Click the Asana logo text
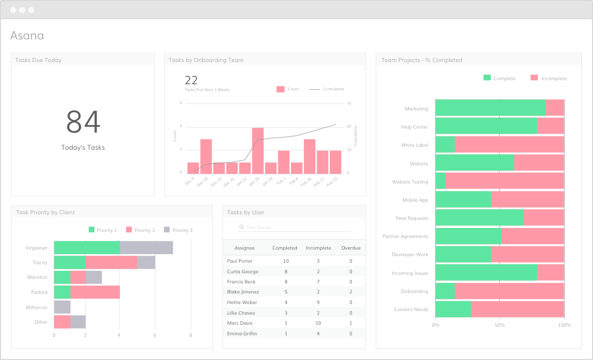coord(27,35)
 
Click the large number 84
coord(83,122)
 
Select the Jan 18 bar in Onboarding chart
coord(258,150)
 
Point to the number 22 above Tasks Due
coord(191,80)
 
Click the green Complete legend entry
coord(499,78)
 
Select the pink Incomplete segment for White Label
coord(509,145)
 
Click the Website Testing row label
coord(410,182)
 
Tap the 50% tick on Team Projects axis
coord(499,325)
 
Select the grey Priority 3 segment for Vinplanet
coord(146,248)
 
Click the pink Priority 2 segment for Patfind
coord(95,292)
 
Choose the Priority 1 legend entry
coord(103,230)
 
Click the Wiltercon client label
coord(36,307)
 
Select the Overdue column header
coord(351,248)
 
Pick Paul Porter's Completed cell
coord(286,261)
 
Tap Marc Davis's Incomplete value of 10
coord(318,323)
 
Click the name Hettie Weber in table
coord(242,303)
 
